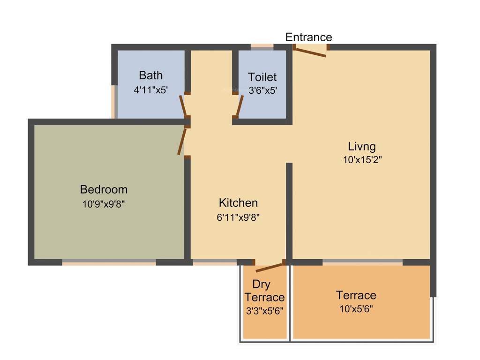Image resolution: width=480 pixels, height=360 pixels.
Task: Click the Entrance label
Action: pyautogui.click(x=308, y=37)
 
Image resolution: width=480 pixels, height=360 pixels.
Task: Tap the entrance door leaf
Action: pyautogui.click(x=310, y=52)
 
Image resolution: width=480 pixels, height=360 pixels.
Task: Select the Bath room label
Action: pyautogui.click(x=151, y=75)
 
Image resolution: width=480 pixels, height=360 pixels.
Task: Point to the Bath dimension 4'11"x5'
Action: pyautogui.click(x=150, y=90)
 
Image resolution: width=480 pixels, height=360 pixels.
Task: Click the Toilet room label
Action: pyautogui.click(x=262, y=77)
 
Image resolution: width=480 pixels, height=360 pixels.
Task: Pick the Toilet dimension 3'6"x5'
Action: pyautogui.click(x=262, y=90)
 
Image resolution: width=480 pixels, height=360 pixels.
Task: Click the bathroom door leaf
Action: pyautogui.click(x=183, y=105)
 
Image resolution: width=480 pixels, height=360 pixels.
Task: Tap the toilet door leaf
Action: pyautogui.click(x=240, y=105)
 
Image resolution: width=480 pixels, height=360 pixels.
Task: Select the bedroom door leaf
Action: pyautogui.click(x=182, y=141)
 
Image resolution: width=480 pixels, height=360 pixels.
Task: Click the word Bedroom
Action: pyautogui.click(x=104, y=189)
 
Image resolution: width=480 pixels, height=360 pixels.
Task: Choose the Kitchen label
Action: pyautogui.click(x=238, y=203)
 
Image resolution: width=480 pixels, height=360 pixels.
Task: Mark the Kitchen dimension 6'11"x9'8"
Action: pyautogui.click(x=239, y=217)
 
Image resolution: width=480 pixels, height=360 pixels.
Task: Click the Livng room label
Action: pyautogui.click(x=362, y=145)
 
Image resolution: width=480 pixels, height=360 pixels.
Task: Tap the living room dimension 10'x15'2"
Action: pyautogui.click(x=362, y=159)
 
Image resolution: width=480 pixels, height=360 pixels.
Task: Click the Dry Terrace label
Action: pyautogui.click(x=264, y=291)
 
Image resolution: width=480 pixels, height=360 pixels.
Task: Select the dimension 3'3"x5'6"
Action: pyautogui.click(x=264, y=310)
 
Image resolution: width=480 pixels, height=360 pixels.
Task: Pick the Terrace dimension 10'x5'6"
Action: pyautogui.click(x=356, y=309)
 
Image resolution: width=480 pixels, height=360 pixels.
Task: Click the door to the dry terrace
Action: pyautogui.click(x=269, y=268)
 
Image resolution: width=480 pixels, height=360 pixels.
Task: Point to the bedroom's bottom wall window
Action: pyautogui.click(x=109, y=262)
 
